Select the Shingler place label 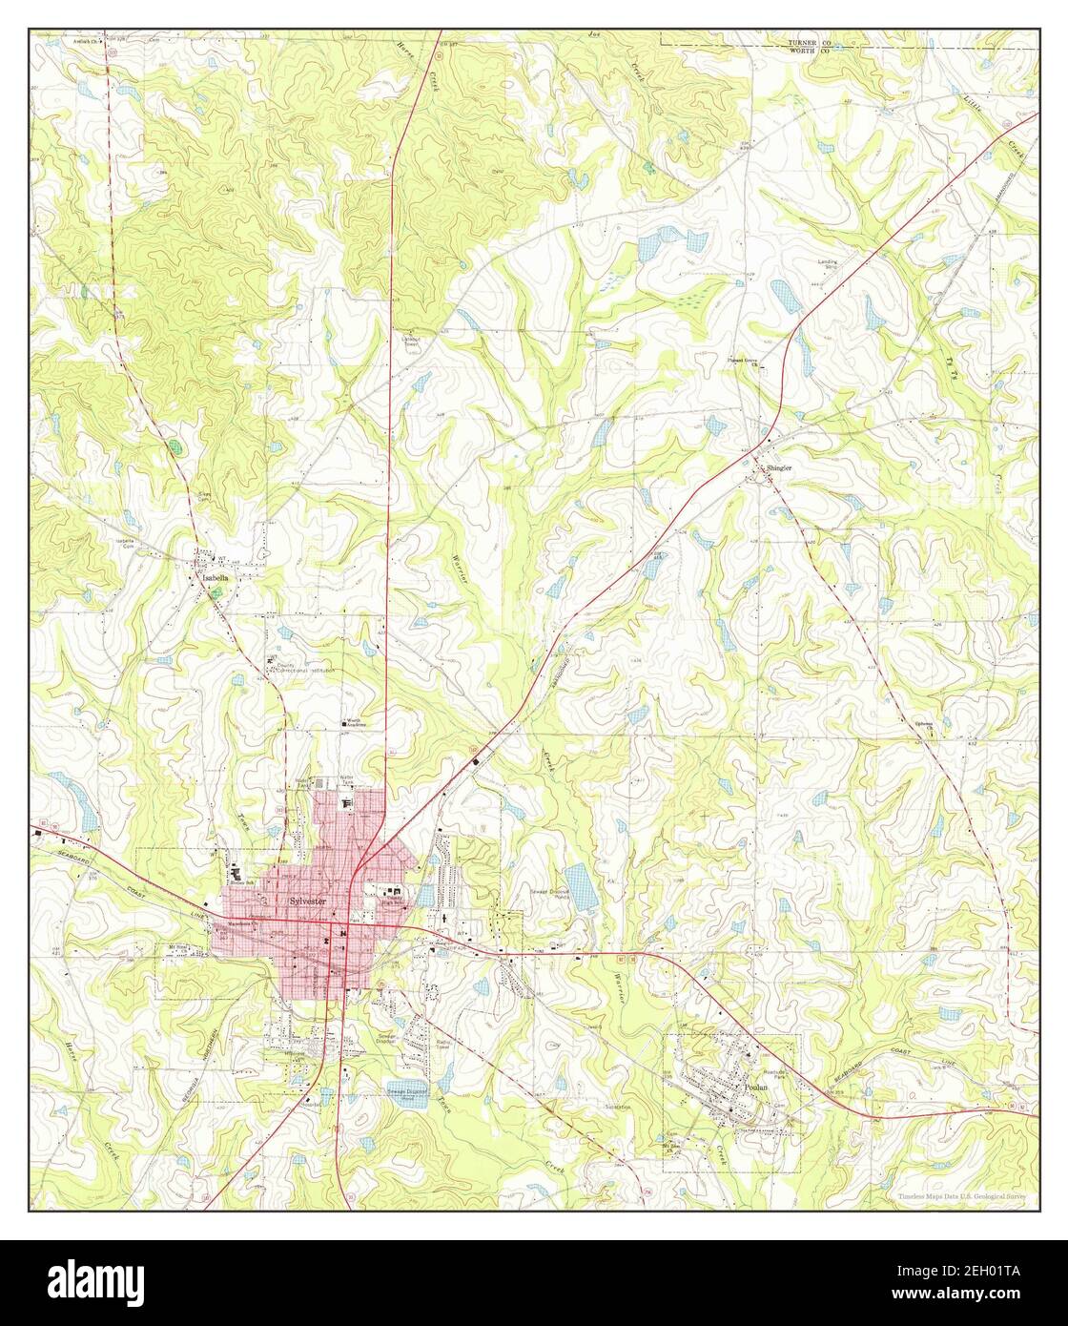coord(778,469)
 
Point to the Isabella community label coord(211,578)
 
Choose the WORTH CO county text coord(809,52)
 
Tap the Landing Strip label coord(826,262)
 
